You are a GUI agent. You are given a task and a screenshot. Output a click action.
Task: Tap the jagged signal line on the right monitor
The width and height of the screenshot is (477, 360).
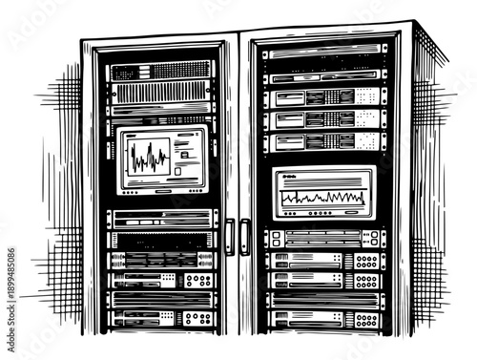click(x=321, y=198)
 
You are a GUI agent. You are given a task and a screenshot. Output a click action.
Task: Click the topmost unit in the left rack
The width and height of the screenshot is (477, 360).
click(x=160, y=72)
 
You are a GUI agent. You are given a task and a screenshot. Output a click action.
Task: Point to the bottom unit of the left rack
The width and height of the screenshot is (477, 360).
click(x=160, y=318)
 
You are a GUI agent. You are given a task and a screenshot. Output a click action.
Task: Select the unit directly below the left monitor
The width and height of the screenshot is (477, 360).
click(x=160, y=219)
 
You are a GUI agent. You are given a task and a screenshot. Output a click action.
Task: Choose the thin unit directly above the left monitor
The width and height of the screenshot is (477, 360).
click(x=160, y=119)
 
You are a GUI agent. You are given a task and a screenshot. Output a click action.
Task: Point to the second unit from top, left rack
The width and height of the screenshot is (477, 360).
click(x=160, y=93)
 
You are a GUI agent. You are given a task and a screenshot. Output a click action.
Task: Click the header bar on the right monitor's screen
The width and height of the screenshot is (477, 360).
click(x=322, y=177)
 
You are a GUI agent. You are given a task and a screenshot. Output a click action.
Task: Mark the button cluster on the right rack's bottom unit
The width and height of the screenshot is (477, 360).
click(x=366, y=320)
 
